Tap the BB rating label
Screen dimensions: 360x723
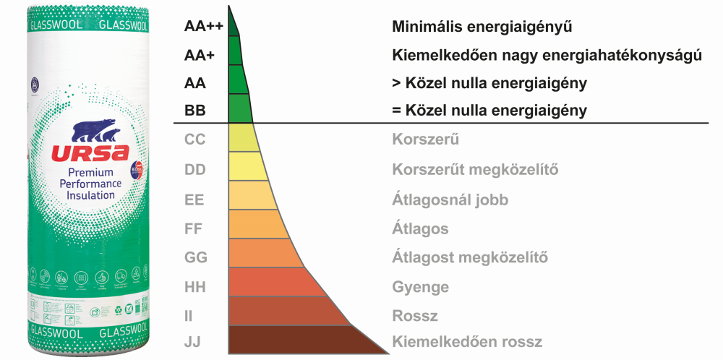[194, 111]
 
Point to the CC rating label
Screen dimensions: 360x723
[195, 139]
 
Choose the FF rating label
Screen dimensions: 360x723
[194, 229]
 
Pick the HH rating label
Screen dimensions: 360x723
[195, 287]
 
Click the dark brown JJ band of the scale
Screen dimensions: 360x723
[304, 340]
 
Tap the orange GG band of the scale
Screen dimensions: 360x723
[264, 253]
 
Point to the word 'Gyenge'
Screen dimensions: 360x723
[420, 287]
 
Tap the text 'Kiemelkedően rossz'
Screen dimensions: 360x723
[466, 342]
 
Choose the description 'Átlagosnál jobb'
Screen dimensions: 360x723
[450, 200]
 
